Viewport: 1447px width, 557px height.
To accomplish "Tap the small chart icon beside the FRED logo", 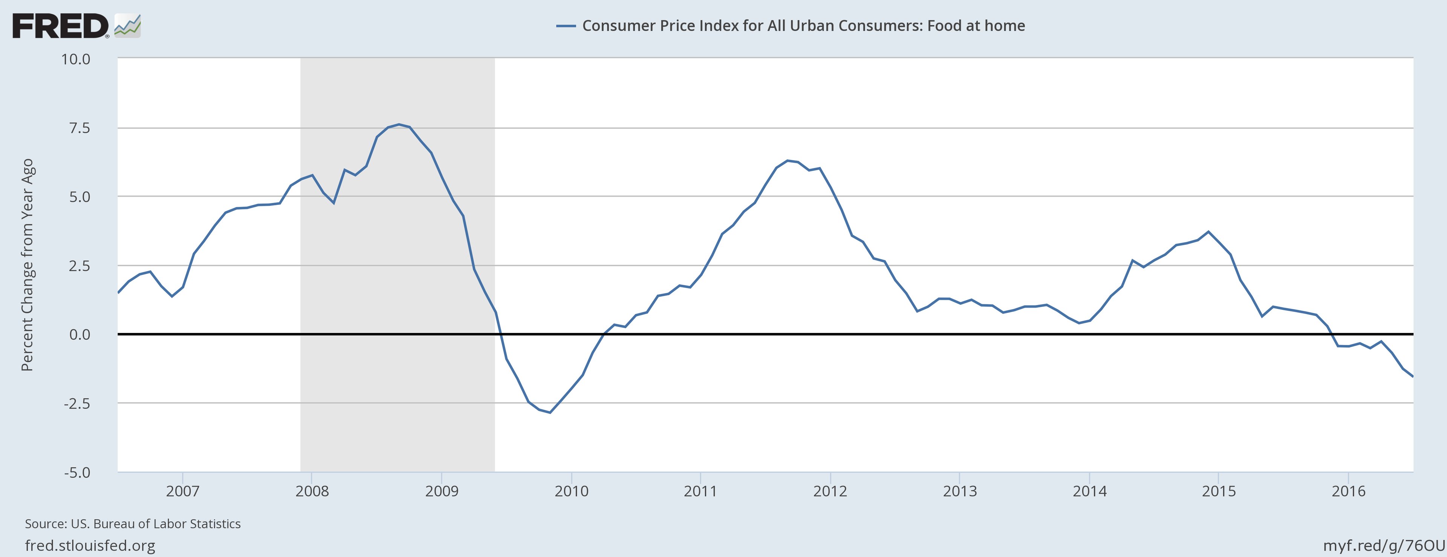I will [127, 26].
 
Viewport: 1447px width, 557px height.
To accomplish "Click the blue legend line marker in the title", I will [566, 26].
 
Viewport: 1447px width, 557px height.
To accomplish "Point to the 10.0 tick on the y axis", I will [76, 59].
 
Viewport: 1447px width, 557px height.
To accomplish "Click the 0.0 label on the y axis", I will [79, 335].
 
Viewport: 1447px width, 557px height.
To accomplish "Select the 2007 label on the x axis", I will [182, 491].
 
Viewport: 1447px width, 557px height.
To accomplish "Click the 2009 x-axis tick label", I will [442, 491].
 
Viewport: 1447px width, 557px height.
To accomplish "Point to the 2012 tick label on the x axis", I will [830, 491].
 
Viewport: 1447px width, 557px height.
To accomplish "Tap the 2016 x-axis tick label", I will [1348, 491].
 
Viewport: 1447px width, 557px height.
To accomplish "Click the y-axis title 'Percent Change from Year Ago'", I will [28, 265].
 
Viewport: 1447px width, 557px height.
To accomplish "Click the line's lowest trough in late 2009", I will [550, 413].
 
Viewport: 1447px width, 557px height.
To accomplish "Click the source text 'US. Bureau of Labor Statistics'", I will [156, 524].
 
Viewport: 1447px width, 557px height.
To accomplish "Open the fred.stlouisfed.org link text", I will [90, 545].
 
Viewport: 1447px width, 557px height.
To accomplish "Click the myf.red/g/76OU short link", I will [1384, 545].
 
